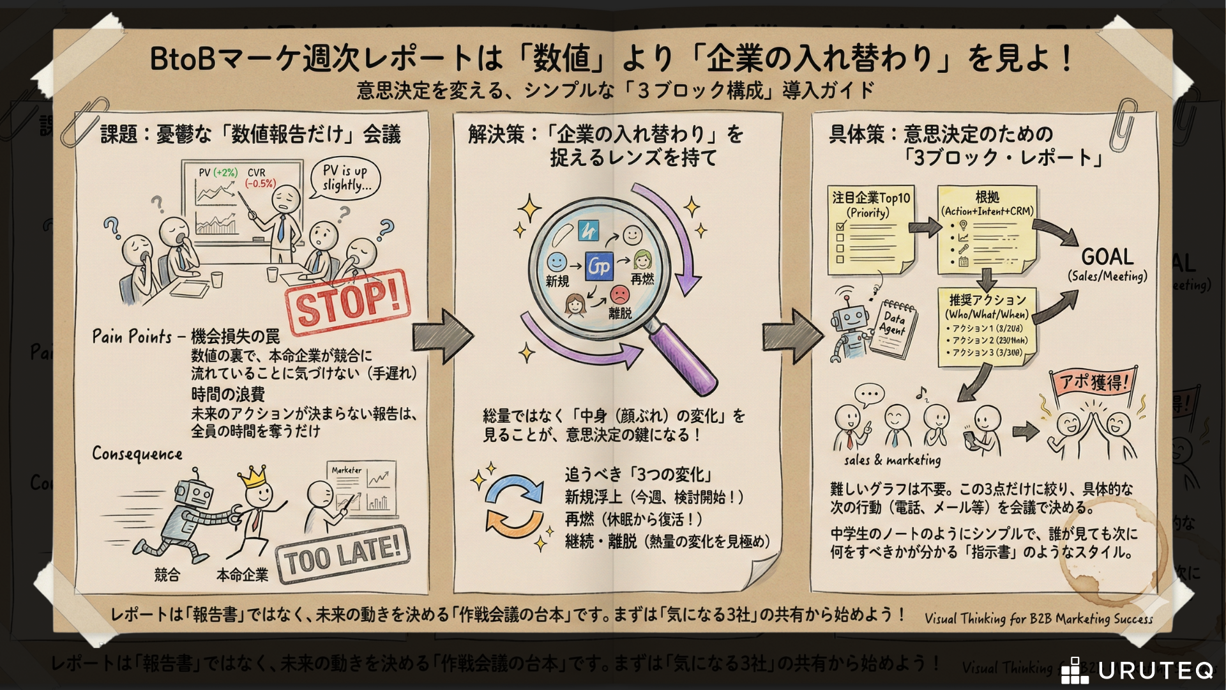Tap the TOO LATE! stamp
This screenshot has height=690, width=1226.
(x=342, y=554)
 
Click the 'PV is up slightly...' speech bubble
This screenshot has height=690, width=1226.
(x=345, y=178)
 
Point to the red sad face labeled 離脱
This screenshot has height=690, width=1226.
(x=619, y=295)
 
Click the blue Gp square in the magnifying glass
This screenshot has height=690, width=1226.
(x=599, y=266)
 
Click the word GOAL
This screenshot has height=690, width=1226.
(x=1107, y=257)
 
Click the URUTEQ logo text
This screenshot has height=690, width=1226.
(x=1156, y=670)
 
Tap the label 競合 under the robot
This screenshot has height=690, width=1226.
(x=167, y=575)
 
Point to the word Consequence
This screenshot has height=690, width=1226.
(x=137, y=454)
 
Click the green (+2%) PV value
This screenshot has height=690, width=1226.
(x=225, y=172)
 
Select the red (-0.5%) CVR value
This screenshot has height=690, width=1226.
(x=260, y=184)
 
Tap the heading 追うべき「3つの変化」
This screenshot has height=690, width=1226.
(x=638, y=475)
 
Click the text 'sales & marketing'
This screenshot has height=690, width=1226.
(x=892, y=460)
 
